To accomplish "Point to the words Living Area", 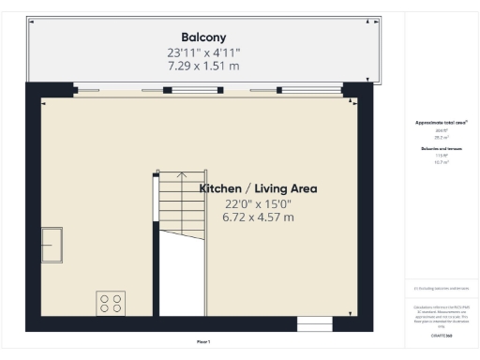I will click(286, 188).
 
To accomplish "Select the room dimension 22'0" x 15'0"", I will click(258, 203).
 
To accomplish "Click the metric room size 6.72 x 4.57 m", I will click(258, 217).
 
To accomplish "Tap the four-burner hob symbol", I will click(111, 303).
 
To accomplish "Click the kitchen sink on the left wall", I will click(52, 244).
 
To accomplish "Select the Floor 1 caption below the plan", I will click(202, 341).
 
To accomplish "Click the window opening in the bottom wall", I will click(314, 324).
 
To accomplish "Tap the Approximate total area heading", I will click(441, 123).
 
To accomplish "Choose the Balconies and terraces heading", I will click(441, 148).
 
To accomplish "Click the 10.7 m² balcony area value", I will click(440, 162).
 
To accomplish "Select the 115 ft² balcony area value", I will click(440, 156).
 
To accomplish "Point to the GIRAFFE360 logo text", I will click(441, 334).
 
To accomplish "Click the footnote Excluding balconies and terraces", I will click(441, 289).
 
